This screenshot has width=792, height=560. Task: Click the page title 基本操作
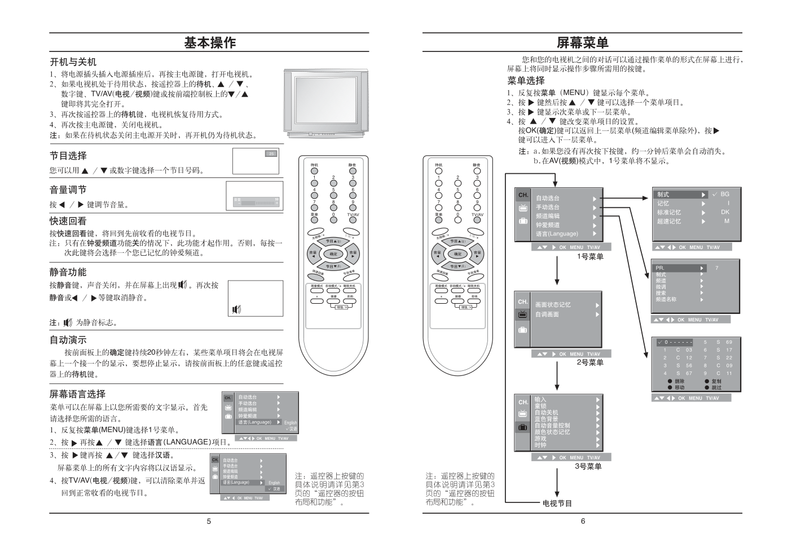(x=209, y=42)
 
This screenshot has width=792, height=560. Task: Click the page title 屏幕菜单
(x=583, y=42)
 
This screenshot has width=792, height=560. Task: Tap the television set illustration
(x=326, y=102)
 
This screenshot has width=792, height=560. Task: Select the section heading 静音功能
(x=68, y=272)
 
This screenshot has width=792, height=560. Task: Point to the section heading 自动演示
(x=68, y=340)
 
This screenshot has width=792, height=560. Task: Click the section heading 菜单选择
(x=526, y=81)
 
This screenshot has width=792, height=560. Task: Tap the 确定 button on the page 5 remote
(x=333, y=253)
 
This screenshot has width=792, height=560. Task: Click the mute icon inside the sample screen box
(x=236, y=309)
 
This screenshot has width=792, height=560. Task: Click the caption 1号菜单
(x=589, y=257)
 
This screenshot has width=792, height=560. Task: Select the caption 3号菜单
(x=588, y=466)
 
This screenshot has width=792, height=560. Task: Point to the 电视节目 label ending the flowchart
(x=557, y=503)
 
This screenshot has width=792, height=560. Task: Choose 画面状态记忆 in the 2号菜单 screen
(x=553, y=305)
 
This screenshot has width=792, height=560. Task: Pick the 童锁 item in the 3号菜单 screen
(x=540, y=406)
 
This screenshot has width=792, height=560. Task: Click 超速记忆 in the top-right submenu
(x=668, y=221)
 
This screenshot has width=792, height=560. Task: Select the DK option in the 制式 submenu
(x=725, y=212)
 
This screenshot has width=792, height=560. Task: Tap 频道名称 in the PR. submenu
(x=666, y=299)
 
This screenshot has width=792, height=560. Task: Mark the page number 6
(x=583, y=521)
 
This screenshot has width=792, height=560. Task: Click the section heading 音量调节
(x=68, y=190)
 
